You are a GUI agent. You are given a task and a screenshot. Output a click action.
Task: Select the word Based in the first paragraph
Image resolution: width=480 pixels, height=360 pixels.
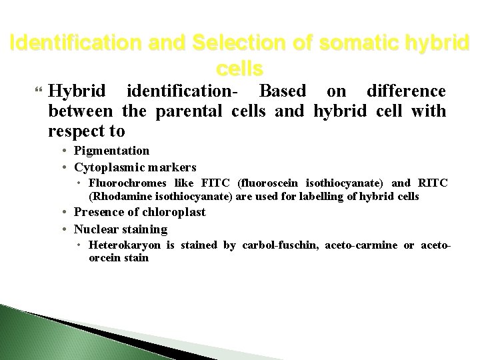click(283, 90)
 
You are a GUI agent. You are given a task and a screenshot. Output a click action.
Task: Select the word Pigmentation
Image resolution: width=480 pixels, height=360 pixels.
click(112, 151)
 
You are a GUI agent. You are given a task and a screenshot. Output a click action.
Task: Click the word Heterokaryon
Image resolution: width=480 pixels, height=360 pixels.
click(124, 245)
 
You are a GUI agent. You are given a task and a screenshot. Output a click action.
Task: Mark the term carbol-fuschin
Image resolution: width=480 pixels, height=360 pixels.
click(276, 245)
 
